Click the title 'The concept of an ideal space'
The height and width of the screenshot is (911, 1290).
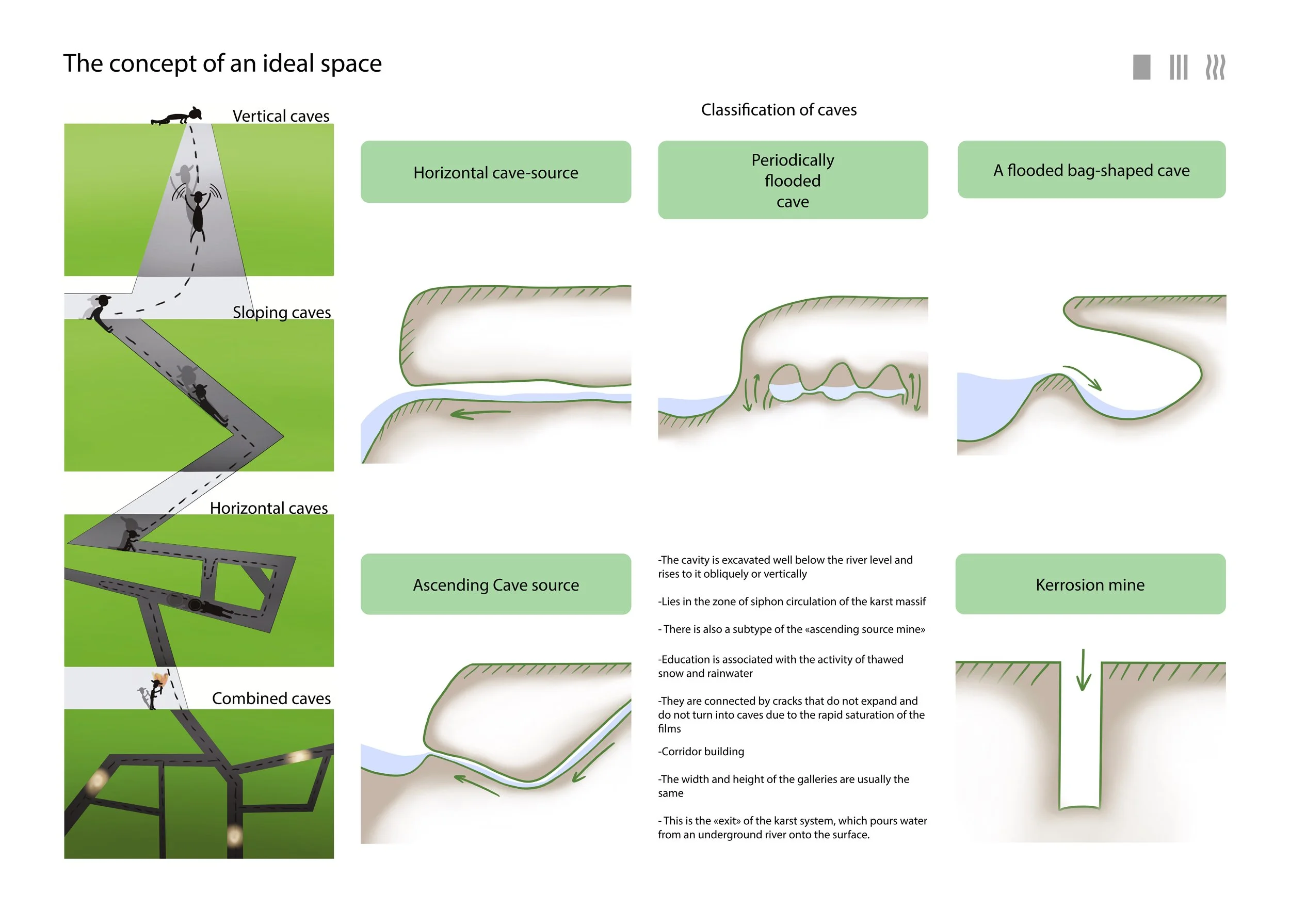click(x=222, y=63)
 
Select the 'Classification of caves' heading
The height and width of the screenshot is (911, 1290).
click(x=779, y=109)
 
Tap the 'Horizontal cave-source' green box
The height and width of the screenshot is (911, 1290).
click(x=495, y=172)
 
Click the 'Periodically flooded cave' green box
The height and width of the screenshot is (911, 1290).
click(x=793, y=180)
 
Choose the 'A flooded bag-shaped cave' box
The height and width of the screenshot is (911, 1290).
click(x=1091, y=170)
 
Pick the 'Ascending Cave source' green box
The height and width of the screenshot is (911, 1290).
click(x=495, y=584)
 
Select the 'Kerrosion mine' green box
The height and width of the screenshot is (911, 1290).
click(x=1090, y=584)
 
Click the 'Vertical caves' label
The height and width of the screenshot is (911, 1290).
click(x=281, y=116)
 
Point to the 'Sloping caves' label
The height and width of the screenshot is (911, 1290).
click(x=282, y=312)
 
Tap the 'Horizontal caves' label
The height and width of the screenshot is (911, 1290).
click(x=268, y=508)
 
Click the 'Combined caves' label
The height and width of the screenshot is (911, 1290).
click(x=271, y=698)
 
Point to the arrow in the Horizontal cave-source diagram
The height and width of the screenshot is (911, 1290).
click(x=480, y=414)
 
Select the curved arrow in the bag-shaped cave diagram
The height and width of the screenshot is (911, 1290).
click(x=1083, y=378)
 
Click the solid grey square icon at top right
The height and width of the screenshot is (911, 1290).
click(x=1142, y=67)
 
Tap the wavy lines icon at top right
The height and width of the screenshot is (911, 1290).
click(x=1215, y=67)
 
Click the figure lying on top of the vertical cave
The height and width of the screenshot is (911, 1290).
click(x=176, y=117)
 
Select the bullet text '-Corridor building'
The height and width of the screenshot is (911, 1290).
click(x=701, y=752)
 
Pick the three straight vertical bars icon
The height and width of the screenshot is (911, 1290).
click(x=1179, y=67)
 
